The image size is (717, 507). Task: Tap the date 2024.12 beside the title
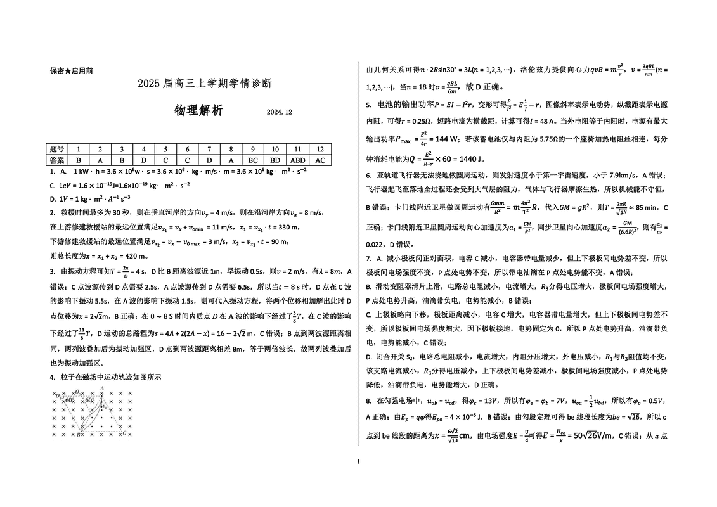tap(279, 112)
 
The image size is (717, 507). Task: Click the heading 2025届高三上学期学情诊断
tap(204, 83)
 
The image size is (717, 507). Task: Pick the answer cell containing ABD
tap(297, 160)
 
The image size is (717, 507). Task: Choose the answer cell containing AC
tap(320, 160)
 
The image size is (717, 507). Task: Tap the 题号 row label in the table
tap(56, 150)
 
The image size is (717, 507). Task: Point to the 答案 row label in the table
tap(56, 160)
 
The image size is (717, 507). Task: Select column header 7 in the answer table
tap(210, 150)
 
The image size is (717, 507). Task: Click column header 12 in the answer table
tap(320, 150)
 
